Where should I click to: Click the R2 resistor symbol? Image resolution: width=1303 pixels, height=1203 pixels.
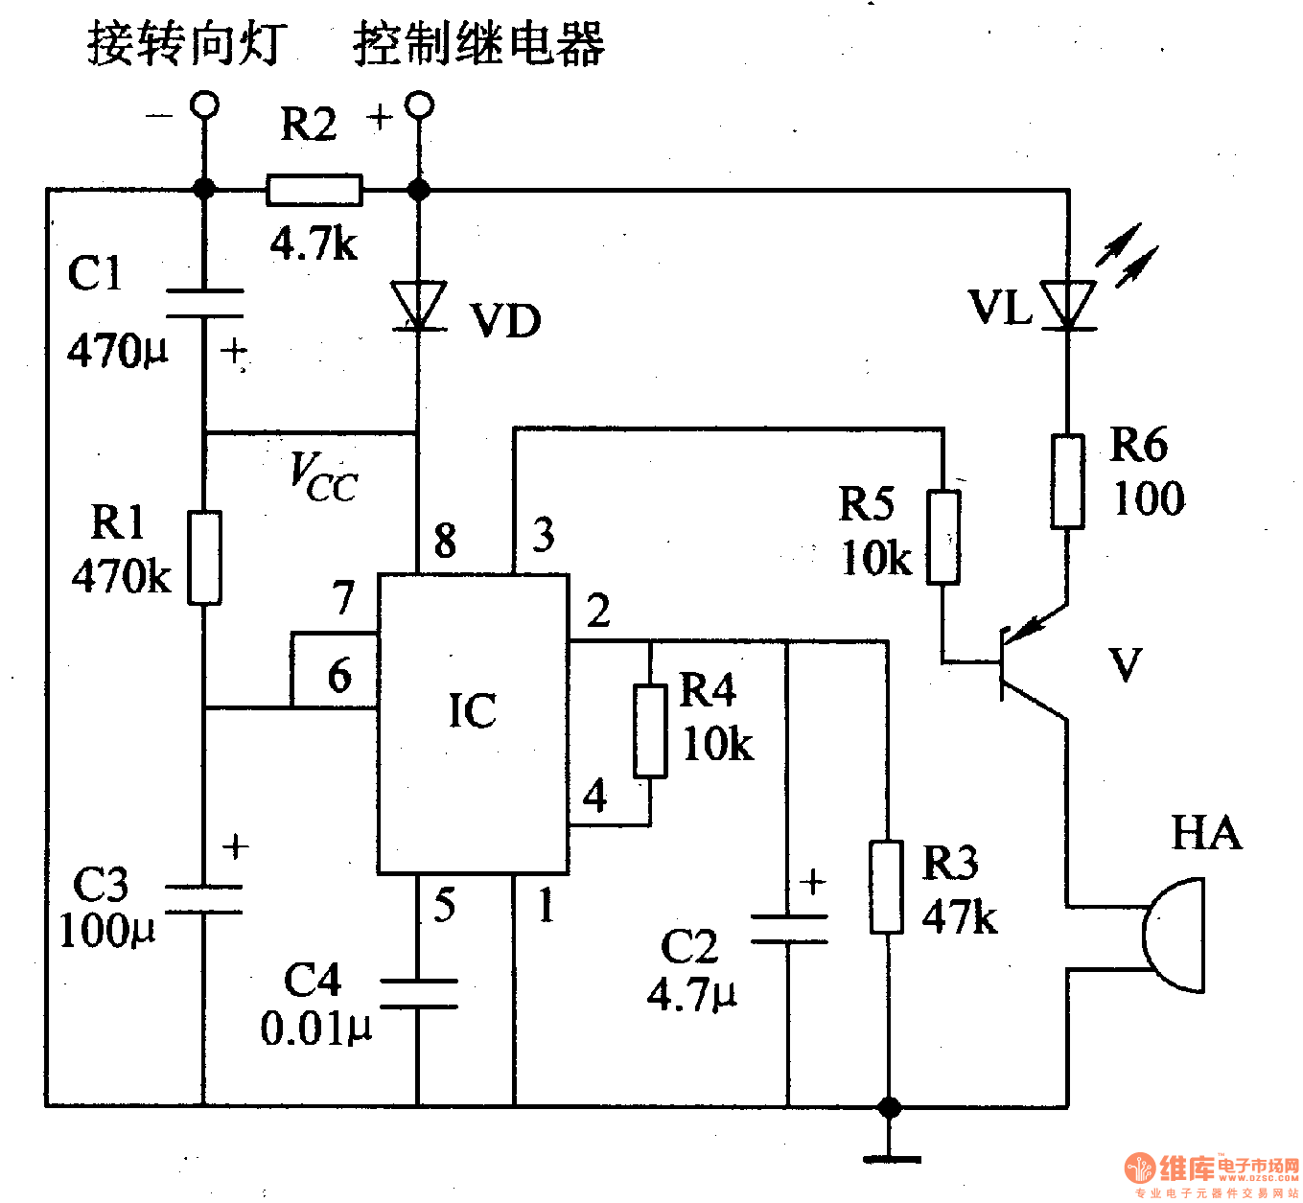314,190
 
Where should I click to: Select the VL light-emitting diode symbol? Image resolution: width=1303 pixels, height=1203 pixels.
1067,306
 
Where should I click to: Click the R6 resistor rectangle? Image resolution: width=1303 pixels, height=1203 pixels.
1067,481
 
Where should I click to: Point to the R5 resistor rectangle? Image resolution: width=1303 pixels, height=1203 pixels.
942,537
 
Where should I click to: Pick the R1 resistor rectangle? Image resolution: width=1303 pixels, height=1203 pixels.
204,558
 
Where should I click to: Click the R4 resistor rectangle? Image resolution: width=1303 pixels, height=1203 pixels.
650,730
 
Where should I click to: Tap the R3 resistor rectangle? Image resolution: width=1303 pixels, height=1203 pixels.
887,887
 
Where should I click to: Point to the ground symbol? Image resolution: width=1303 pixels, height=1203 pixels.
890,1157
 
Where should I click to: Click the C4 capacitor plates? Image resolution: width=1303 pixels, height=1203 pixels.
418,993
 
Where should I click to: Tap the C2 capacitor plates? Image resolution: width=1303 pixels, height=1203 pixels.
788,929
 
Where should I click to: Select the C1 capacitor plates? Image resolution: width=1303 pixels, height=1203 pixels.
204,303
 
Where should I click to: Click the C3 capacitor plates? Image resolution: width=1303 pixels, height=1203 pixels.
204,898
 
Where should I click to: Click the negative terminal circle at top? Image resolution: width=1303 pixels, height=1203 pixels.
203,104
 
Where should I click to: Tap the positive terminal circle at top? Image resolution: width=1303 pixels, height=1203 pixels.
419,104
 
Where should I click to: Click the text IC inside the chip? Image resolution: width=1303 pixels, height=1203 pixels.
473,711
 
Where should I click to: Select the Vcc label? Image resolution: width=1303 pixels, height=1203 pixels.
323,477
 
